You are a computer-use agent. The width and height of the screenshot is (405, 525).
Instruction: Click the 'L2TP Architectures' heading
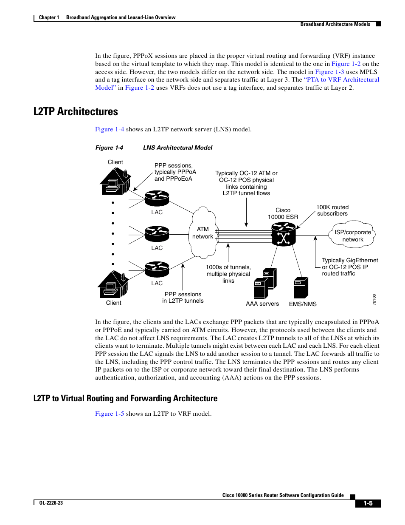pos(76,112)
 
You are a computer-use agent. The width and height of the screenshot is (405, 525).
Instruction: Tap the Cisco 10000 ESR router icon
pos(283,234)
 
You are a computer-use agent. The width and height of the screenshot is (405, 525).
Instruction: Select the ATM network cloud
pos(203,233)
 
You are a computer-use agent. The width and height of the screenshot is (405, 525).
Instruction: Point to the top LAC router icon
pos(157,198)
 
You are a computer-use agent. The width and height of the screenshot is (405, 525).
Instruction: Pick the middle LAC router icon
pos(157,233)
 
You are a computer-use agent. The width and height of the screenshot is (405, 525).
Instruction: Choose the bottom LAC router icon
pos(157,269)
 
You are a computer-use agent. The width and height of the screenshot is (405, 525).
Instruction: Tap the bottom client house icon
pos(113,285)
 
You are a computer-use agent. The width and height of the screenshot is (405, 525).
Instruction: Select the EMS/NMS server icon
pos(301,288)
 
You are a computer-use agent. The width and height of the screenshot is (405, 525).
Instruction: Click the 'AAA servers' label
pos(262,304)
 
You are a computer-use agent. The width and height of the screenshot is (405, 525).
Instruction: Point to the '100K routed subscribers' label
pos(332,210)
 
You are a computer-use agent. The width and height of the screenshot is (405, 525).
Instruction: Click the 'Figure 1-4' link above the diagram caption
pos(110,129)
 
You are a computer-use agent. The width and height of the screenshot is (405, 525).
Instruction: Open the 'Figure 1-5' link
pos(110,414)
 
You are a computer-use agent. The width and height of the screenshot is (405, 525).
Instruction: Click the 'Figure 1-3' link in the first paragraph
pos(329,72)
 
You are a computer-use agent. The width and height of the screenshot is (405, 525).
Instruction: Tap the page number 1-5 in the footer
pos(368,503)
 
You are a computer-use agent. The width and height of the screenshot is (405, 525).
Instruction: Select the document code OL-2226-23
pos(51,503)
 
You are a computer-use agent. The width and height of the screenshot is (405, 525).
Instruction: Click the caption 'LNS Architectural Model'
pos(177,148)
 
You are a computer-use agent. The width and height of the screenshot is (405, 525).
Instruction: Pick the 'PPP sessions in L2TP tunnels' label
pos(183,298)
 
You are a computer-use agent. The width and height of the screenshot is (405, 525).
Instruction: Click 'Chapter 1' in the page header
pos(49,17)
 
